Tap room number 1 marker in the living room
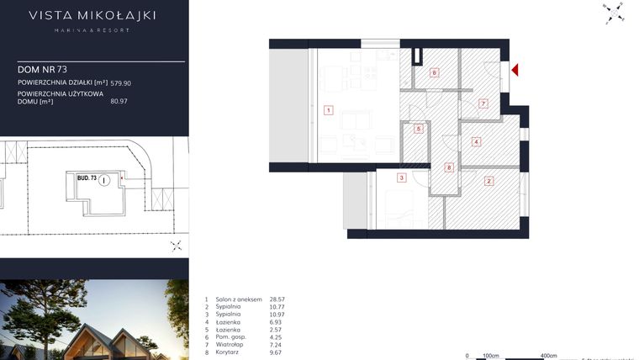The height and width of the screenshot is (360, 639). pos(329,109)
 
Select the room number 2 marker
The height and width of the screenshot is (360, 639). pos(488,180)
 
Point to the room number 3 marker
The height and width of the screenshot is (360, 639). pos(402,177)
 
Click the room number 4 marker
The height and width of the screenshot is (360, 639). pos(476,141)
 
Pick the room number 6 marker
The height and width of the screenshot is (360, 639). pos(418,129)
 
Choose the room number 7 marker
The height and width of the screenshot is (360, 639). pos(483,103)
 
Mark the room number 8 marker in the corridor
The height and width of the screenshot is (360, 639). pos(449,167)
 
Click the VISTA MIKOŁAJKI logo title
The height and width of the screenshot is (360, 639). pos(92,15)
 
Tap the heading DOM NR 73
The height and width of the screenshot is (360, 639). pos(40,69)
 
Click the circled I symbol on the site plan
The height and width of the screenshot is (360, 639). pos(102,180)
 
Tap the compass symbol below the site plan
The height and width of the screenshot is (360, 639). pos(176,246)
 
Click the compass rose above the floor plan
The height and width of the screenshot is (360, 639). pos(613,13)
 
